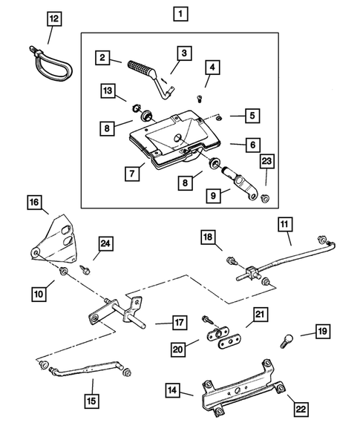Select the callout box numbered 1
[180, 13]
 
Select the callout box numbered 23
[266, 162]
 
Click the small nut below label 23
[265, 198]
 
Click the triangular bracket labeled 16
[56, 238]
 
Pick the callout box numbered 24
[105, 243]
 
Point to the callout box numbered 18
[209, 237]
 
